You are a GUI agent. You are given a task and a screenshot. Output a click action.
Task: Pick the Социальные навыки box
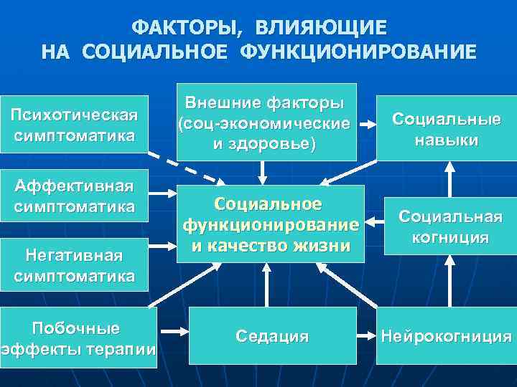(x=446, y=129)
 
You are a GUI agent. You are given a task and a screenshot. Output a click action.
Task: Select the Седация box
(x=273, y=335)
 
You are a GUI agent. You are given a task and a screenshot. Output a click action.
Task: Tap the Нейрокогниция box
(x=446, y=335)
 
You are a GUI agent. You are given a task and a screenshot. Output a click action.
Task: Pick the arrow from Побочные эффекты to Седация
(x=172, y=334)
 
